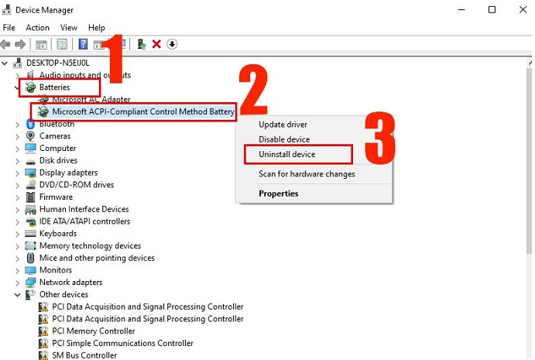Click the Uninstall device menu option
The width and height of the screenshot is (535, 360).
286,154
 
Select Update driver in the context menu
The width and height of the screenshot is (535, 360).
283,125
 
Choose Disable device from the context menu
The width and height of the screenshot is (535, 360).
284,139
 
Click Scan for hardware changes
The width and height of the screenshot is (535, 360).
307,174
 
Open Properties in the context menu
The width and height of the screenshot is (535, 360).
279,194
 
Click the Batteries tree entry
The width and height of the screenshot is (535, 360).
55,87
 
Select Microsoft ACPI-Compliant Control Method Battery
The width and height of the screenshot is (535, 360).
143,111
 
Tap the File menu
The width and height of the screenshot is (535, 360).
9,28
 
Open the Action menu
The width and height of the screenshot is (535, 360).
37,28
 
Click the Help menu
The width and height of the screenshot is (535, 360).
97,28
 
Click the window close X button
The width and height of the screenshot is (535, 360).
523,9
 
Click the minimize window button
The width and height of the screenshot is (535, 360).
461,9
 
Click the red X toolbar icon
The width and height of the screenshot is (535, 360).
156,44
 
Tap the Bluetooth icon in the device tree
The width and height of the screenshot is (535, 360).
30,124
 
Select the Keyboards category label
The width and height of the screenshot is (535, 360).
58,233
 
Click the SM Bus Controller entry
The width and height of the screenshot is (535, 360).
84,355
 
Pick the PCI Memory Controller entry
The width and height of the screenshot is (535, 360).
94,331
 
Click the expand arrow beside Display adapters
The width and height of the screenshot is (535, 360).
17,173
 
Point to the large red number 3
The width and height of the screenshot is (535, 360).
379,138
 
